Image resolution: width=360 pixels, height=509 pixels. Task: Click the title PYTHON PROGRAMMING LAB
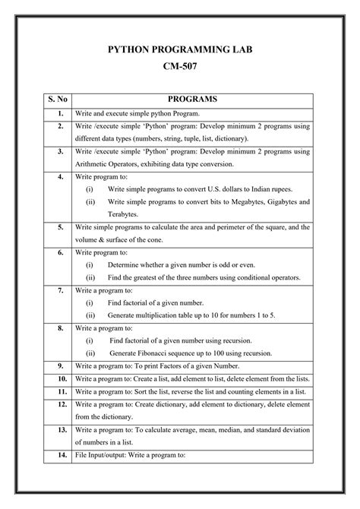pos(179,51)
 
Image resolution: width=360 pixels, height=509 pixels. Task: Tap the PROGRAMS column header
pos(192,99)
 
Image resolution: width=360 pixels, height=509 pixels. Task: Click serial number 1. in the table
pos(58,113)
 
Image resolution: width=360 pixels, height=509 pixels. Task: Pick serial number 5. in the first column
pos(58,227)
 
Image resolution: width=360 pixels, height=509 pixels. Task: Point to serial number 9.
pos(58,365)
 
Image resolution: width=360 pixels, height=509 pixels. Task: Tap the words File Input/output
pos(103,456)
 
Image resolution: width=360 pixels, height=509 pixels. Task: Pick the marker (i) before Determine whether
pos(90,264)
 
